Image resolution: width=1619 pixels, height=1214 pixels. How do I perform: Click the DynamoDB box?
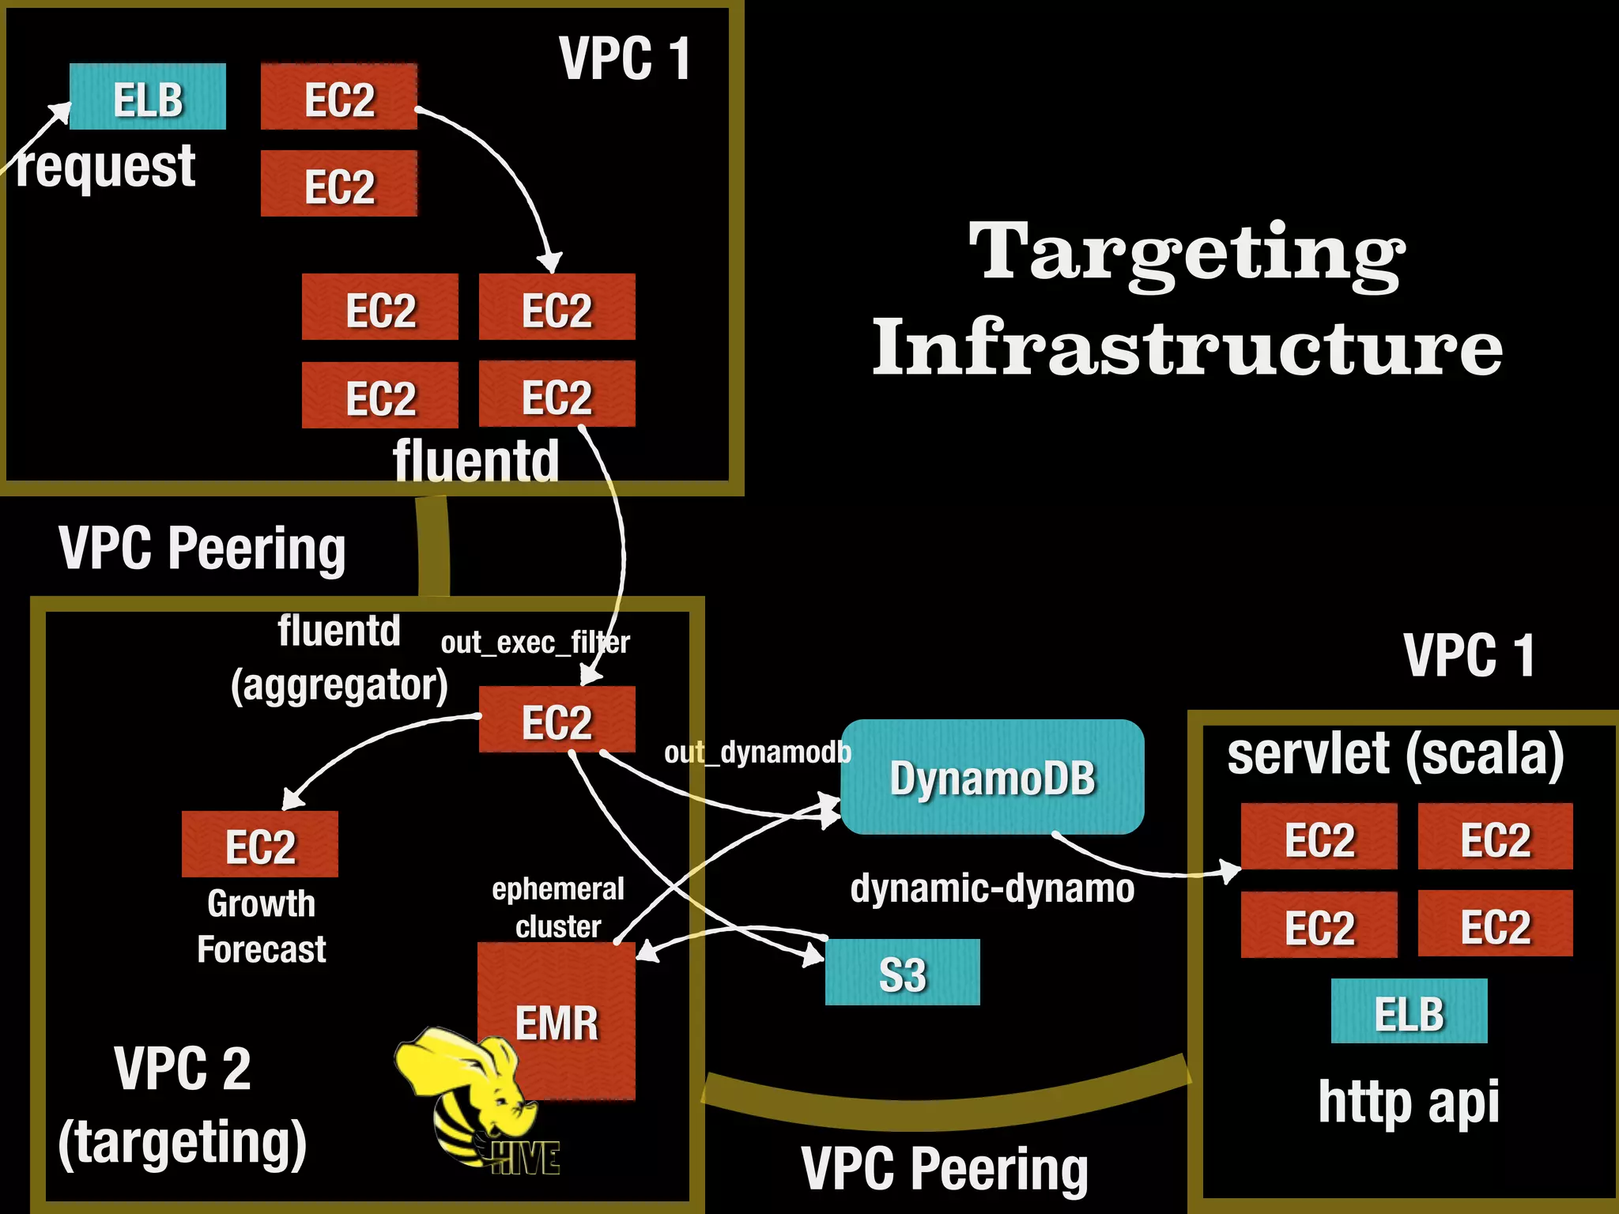click(992, 777)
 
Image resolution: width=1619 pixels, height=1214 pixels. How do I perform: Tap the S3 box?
click(902, 973)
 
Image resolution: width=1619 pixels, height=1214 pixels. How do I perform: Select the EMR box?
click(557, 1020)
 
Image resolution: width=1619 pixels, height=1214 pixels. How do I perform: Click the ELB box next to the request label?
click(148, 97)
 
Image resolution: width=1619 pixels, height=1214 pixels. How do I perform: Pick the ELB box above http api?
click(1409, 1012)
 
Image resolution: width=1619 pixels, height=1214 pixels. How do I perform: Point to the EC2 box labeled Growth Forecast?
click(260, 844)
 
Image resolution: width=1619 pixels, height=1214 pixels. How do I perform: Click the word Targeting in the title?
click(1187, 253)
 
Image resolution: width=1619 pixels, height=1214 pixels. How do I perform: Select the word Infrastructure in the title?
click(1187, 348)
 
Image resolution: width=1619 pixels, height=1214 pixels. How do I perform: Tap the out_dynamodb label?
click(757, 752)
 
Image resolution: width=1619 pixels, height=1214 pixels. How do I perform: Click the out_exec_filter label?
click(535, 643)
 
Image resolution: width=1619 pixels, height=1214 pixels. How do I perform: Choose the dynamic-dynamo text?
click(992, 888)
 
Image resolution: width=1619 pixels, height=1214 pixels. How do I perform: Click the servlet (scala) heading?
click(1395, 754)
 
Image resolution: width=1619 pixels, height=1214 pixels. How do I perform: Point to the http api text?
click(1409, 1102)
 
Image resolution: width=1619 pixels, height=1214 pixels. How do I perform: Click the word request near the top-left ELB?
click(106, 168)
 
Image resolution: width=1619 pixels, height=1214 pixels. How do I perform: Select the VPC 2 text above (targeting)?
click(183, 1069)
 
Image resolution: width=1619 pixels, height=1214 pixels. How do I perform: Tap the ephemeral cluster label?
click(558, 907)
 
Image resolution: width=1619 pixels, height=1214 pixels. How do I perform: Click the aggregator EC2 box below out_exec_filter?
click(557, 720)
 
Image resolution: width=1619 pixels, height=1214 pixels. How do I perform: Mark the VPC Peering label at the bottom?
click(945, 1168)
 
